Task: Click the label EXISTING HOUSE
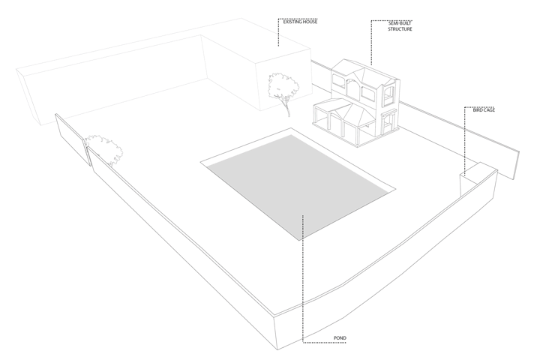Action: pos(300,22)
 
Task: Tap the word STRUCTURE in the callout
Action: pos(400,29)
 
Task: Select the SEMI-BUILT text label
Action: pos(400,23)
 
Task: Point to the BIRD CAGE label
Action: pos(484,110)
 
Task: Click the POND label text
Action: pos(340,338)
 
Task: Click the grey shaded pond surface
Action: pos(296,186)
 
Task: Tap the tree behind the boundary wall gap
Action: pos(104,150)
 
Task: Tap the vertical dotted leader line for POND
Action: pos(303,278)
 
